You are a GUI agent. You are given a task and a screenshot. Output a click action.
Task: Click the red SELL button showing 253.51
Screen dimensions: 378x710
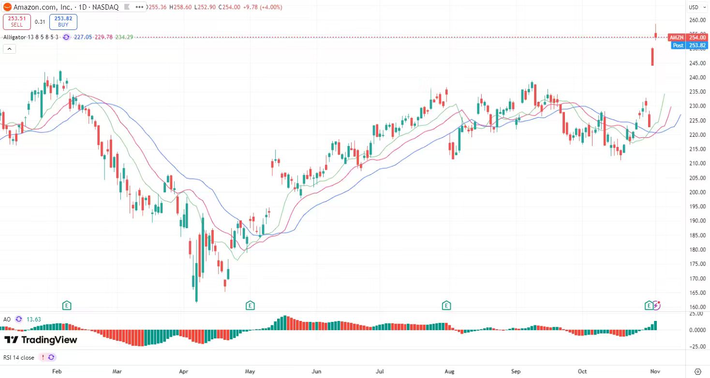click(17, 22)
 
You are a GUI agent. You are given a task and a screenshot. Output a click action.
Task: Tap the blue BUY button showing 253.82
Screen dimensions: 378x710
click(63, 22)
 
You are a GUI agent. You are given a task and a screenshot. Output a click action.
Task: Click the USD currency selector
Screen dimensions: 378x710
click(694, 7)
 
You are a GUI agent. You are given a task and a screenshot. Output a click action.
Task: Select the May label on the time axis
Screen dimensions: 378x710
click(250, 371)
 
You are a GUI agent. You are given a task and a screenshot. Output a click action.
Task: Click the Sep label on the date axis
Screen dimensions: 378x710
click(516, 371)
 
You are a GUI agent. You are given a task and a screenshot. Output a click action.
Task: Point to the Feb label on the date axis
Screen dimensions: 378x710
click(57, 371)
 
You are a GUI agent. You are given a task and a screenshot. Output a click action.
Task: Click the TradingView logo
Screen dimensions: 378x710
click(41, 340)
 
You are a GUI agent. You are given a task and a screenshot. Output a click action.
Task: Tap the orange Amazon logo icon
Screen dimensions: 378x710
click(7, 7)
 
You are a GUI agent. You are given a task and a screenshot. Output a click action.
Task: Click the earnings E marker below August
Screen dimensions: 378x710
click(446, 305)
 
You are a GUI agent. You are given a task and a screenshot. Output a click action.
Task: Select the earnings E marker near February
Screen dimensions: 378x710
click(67, 305)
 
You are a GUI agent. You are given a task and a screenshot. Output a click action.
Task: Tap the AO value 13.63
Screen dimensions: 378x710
click(33, 320)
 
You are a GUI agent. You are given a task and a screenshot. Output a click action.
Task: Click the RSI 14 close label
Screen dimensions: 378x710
click(19, 358)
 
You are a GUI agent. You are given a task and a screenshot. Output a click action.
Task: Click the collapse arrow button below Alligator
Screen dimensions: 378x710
click(9, 48)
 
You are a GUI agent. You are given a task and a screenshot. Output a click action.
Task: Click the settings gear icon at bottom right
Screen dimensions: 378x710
click(697, 371)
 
